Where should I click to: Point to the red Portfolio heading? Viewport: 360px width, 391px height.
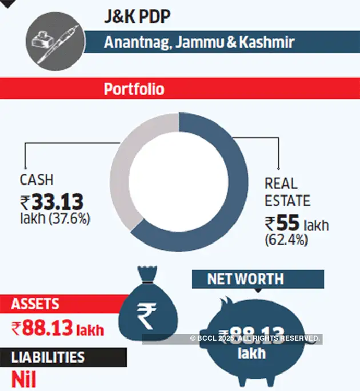click(x=134, y=89)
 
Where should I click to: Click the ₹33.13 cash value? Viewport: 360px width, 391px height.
click(x=52, y=201)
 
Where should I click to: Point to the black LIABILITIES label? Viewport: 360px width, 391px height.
click(x=48, y=358)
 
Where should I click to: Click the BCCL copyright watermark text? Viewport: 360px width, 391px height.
click(x=254, y=338)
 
